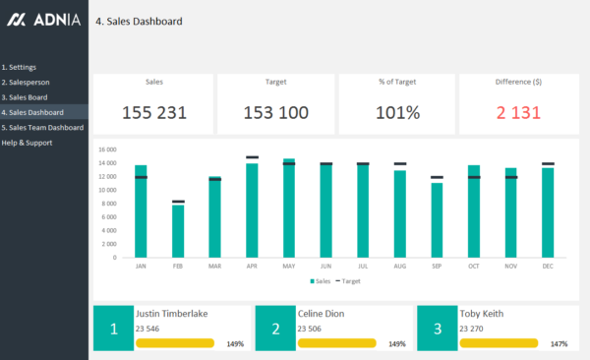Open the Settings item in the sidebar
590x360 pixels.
point(20,67)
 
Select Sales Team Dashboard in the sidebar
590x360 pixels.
point(42,127)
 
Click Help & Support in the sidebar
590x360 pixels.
point(27,143)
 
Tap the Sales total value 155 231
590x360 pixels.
point(154,112)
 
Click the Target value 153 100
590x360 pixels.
point(276,112)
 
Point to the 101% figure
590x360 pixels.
point(398,112)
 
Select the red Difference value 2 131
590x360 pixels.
point(518,112)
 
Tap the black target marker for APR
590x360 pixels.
point(252,157)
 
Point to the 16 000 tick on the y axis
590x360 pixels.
point(107,150)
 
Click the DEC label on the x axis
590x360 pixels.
point(548,266)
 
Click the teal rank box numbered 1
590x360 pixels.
point(114,329)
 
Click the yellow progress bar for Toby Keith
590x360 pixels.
point(499,343)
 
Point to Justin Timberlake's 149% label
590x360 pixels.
point(234,344)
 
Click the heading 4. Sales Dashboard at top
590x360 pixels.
point(139,21)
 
